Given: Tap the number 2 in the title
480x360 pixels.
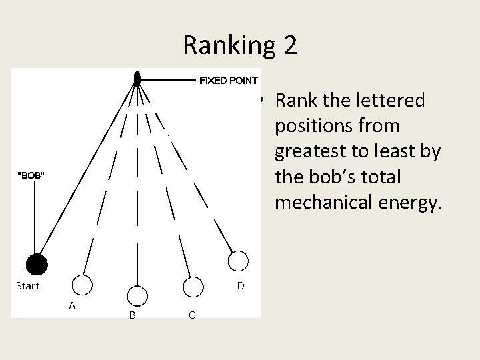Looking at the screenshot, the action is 289,45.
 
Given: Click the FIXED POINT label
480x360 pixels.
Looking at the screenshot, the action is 229,81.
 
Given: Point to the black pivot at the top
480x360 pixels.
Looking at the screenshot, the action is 137,79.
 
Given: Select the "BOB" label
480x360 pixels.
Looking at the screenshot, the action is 31,175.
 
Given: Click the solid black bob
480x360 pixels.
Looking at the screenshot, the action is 37,265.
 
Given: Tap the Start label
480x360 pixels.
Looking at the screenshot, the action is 27,286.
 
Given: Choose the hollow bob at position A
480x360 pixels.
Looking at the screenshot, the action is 82,285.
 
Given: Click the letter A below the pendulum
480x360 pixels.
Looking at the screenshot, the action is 71,306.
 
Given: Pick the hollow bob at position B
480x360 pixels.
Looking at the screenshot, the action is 137,295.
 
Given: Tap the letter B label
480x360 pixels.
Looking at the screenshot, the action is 132,315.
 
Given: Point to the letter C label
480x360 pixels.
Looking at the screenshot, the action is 191,315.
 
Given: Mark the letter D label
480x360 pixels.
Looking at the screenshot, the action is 240,286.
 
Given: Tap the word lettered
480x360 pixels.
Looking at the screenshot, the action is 382,101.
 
